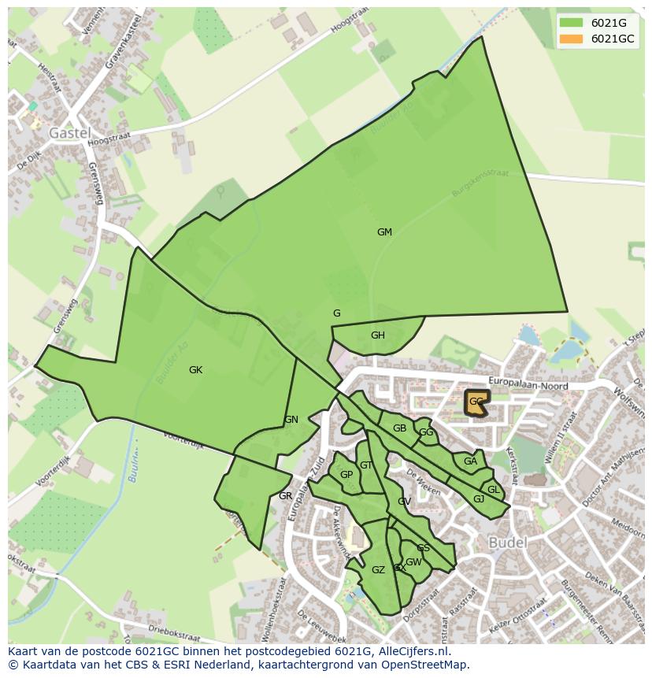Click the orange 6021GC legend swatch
(572, 39)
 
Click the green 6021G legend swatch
(572, 23)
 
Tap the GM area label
(384, 232)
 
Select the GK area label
(196, 370)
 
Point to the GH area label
(378, 335)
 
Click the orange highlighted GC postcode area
(476, 402)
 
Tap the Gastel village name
(70, 133)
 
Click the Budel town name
(508, 543)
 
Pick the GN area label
(291, 420)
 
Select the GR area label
(285, 496)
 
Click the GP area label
(346, 475)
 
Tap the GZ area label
(378, 570)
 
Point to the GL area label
(494, 490)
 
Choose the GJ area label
(479, 499)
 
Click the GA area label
(470, 461)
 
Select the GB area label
(399, 428)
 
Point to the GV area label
(404, 502)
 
